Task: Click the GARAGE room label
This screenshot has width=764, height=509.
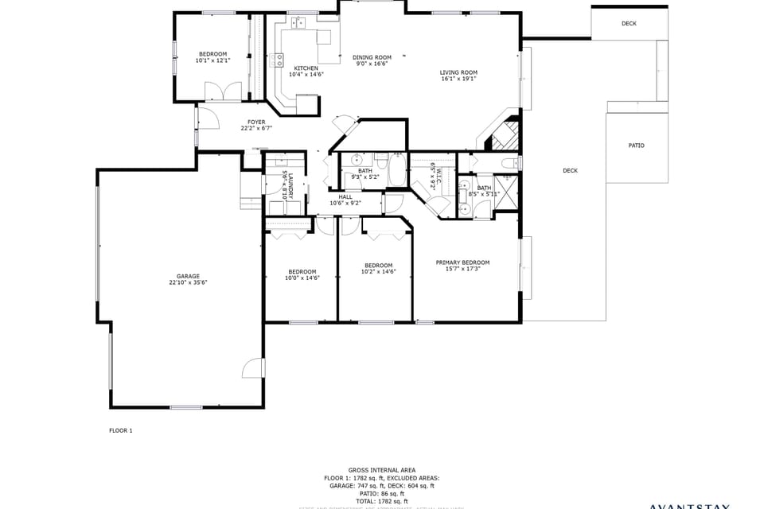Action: [188, 276]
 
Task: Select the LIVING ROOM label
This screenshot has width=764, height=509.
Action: [458, 72]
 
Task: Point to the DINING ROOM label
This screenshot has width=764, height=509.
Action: [372, 56]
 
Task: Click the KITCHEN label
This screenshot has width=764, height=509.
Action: [306, 68]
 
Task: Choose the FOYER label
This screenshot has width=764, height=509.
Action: [256, 122]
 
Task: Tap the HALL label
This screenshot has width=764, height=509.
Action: [345, 196]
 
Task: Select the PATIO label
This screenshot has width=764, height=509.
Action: [636, 146]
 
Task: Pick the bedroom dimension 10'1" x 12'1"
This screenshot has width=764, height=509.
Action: [212, 60]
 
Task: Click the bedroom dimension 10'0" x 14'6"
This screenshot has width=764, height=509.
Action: [302, 278]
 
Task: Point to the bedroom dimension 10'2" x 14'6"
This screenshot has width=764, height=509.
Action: [378, 271]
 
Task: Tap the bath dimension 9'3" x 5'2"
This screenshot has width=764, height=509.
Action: [365, 177]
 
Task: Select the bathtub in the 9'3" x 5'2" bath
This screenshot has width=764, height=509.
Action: [397, 172]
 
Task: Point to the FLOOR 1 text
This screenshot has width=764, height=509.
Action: [121, 430]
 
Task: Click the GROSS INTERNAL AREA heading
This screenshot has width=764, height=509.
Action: [381, 470]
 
